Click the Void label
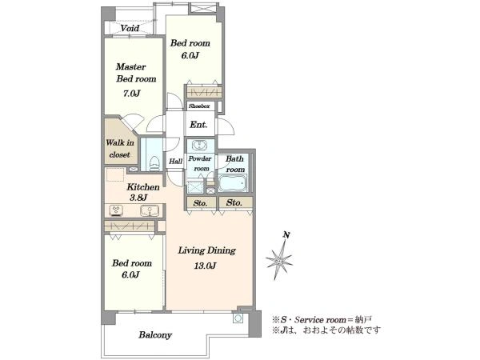point(130,29)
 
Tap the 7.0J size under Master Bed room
point(131,93)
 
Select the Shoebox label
point(199,106)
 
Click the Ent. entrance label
point(198,125)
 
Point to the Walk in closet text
point(120,149)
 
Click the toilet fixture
point(155,163)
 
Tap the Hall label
point(176,161)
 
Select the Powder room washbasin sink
point(200,145)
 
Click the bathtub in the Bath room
point(233,183)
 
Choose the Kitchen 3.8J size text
point(138,198)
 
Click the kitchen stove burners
point(116,210)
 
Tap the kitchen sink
point(150,210)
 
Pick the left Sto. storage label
point(200,203)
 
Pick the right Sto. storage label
point(234,202)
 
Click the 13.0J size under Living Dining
point(205,266)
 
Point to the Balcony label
point(155,335)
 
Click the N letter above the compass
point(286,235)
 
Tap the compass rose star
point(279,260)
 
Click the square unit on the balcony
point(238,318)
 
